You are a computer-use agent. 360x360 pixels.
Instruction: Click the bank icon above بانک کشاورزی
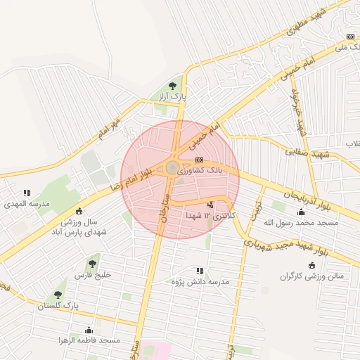pos(200,160)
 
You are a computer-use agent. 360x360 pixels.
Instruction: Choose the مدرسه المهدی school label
pos(27,203)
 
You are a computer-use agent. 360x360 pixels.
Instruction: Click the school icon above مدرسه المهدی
pos(27,192)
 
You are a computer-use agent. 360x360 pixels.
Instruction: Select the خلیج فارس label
pos(93,275)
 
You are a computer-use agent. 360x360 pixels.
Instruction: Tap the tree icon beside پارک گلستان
pos(58,295)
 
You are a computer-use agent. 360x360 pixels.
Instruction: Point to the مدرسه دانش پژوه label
pos(201,281)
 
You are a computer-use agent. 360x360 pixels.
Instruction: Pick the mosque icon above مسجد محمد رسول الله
pos(302,212)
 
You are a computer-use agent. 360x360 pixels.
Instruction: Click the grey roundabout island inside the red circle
pos(172,167)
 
